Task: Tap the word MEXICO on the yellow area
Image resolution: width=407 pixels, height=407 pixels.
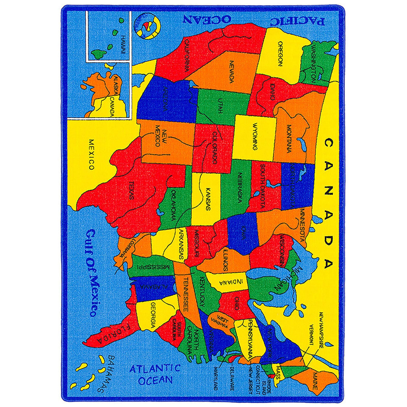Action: pyautogui.click(x=91, y=154)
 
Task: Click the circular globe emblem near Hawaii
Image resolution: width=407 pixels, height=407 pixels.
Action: pyautogui.click(x=148, y=26)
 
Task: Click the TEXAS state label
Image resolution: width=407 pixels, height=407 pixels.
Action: pyautogui.click(x=131, y=190)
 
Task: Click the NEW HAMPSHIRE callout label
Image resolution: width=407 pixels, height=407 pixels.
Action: pyautogui.click(x=321, y=330)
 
